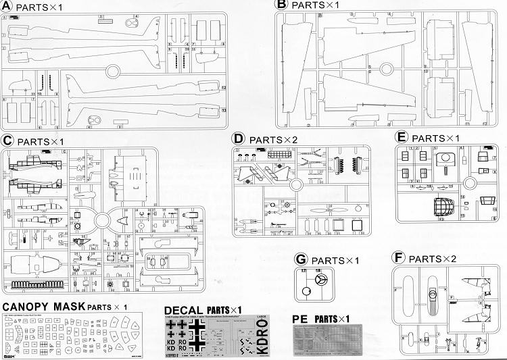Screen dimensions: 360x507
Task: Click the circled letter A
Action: click(x=7, y=7)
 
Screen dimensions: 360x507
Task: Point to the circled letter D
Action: click(x=237, y=138)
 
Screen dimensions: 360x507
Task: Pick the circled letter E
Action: click(x=401, y=138)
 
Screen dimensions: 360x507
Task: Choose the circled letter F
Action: click(x=398, y=258)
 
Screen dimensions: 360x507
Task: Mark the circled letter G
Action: click(x=301, y=260)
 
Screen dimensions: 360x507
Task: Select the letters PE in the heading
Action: click(x=301, y=318)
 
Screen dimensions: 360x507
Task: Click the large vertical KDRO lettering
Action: click(x=264, y=336)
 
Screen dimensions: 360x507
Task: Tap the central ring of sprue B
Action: click(x=387, y=68)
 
